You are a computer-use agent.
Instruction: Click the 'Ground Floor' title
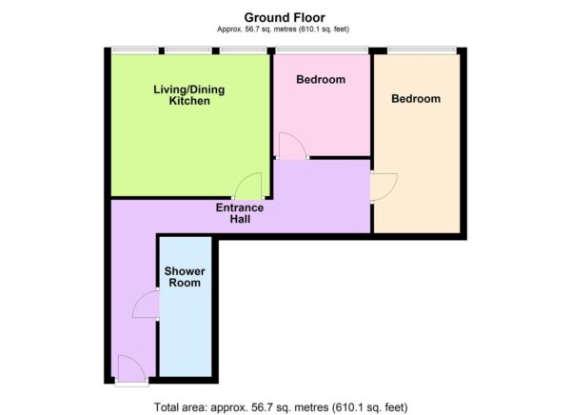[285, 16]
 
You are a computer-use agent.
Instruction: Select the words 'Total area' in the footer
[182, 406]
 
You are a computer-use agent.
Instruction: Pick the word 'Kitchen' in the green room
[189, 101]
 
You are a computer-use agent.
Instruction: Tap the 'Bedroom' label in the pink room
[320, 80]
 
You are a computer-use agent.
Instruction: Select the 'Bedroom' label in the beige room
[416, 99]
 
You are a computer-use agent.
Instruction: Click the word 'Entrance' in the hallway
[239, 207]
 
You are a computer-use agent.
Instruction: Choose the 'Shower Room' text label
[185, 277]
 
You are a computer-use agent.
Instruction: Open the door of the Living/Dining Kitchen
[249, 187]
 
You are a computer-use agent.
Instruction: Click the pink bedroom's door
[290, 146]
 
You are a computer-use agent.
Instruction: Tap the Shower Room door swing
[146, 305]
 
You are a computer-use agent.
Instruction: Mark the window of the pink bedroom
[322, 50]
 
